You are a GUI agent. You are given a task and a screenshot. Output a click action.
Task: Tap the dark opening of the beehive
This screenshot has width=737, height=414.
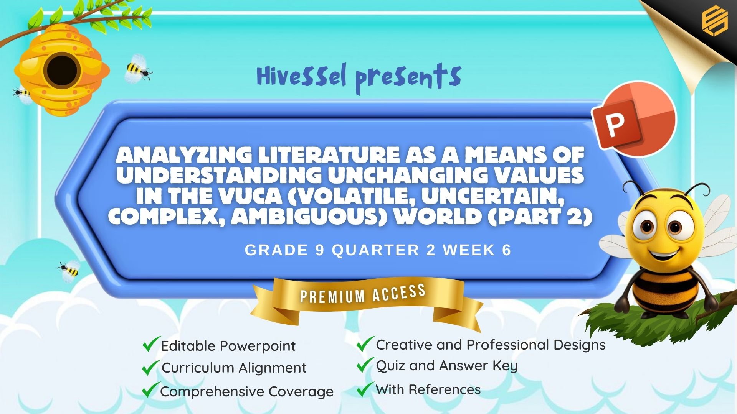coord(62,71)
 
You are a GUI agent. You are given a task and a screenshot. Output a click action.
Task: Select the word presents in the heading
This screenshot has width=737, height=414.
coord(408,78)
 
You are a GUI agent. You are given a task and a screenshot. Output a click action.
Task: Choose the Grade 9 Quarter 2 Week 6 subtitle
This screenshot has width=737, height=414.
coord(378,250)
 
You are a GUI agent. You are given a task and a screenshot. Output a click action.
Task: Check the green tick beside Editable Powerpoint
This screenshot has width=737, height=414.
coord(151,344)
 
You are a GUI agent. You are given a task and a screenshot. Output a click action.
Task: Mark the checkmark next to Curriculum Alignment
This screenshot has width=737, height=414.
coord(150,367)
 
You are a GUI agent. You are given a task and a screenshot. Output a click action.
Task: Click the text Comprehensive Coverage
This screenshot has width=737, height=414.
coord(247,391)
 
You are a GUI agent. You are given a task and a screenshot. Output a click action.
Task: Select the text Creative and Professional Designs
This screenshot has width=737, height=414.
coord(491,345)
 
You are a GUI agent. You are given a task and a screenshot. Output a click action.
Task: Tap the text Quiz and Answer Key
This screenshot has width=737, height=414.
coord(447,366)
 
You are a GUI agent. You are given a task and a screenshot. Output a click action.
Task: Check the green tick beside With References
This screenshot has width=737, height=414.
coord(365,389)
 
